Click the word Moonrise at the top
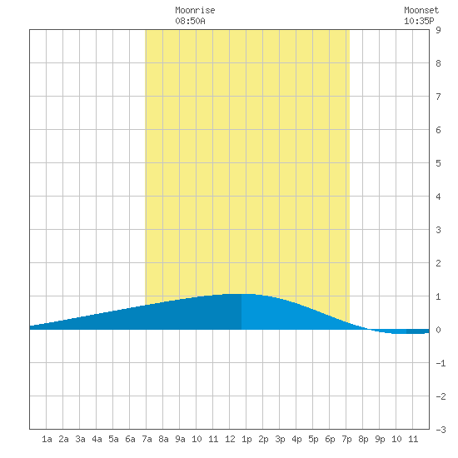(195, 10)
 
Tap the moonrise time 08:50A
(190, 21)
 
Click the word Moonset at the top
(421, 10)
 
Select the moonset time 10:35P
(419, 21)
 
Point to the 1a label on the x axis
(47, 439)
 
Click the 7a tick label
(147, 439)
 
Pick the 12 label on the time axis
(230, 439)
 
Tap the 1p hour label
(246, 439)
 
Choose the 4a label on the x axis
(97, 439)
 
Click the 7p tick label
(346, 439)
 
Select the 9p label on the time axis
(380, 439)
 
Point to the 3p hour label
(280, 439)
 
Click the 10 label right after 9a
(197, 439)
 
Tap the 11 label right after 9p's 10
(413, 439)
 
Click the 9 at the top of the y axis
(438, 30)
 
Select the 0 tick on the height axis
(438, 330)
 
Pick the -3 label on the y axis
(441, 430)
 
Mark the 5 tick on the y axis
(438, 163)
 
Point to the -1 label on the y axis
(441, 363)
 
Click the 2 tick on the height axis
(438, 263)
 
